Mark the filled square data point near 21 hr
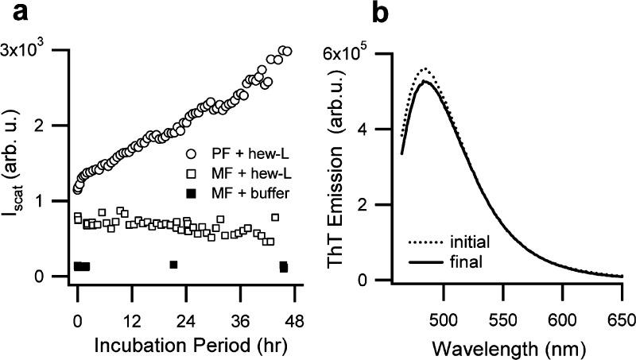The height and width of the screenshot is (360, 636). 173,264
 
